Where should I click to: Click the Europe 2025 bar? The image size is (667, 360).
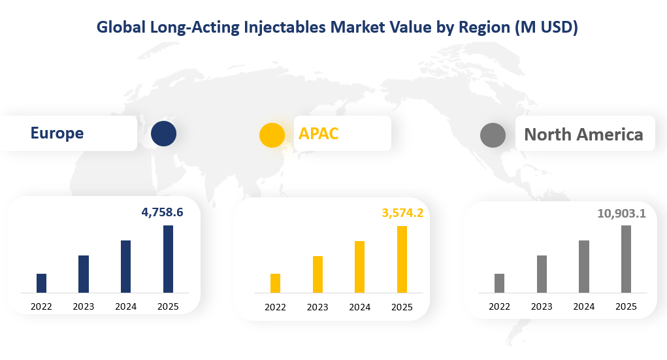pos(168,259)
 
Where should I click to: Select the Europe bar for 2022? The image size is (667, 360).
pos(41,283)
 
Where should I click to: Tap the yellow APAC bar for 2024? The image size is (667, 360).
pos(359,267)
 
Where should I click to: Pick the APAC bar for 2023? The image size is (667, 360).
pos(317,274)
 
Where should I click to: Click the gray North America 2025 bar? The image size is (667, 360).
pos(626,259)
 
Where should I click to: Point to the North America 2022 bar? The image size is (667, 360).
pos(499,283)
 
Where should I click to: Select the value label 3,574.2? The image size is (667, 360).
pos(402,212)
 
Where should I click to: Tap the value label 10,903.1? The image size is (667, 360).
pos(621,213)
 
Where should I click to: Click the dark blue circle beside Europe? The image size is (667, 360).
pos(163,133)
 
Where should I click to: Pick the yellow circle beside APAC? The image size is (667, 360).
pos(272,135)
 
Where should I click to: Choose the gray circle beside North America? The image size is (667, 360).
pos(493,135)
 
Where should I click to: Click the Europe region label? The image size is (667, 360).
pos(57,133)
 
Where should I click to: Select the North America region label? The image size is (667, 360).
pos(583,135)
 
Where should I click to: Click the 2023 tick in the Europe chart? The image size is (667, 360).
pos(83,306)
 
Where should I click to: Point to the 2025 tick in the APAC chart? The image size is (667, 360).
pos(402,308)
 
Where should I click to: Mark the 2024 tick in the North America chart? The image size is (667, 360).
pos(583,306)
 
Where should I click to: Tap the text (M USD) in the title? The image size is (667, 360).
pos(546,27)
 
